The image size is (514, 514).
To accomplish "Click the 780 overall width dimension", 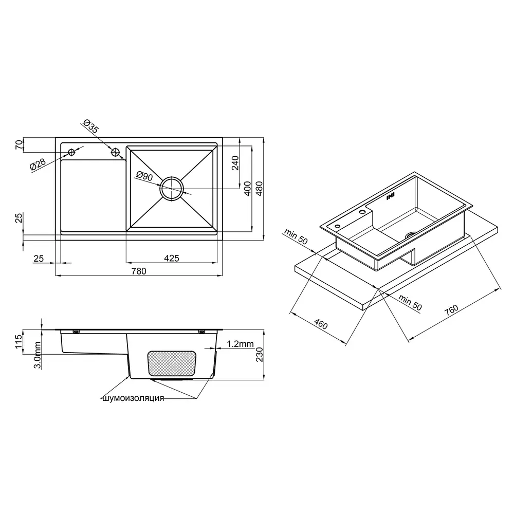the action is point(139,271).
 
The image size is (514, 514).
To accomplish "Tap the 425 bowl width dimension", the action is point(172,259).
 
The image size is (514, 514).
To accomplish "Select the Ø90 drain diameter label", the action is point(144,176).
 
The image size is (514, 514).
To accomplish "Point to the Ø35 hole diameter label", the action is point(90,126).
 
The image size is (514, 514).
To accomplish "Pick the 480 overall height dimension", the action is point(259,189).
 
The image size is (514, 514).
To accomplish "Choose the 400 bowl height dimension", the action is point(248,189).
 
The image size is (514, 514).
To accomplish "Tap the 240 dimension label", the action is point(235,163).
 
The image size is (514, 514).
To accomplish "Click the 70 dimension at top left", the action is point(20,144).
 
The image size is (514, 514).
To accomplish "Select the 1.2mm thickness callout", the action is point(240,343).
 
